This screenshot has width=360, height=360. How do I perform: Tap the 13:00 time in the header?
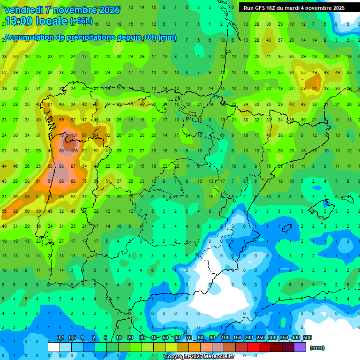click(19, 21)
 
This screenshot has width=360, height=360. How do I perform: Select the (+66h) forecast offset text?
click(81, 21)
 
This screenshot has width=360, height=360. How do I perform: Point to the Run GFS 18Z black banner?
click(294, 7)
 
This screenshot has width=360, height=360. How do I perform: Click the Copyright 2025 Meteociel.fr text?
click(205, 357)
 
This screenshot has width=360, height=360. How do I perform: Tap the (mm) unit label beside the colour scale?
click(317, 348)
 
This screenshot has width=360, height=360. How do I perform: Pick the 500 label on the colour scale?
click(307, 337)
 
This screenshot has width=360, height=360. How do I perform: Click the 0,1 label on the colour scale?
click(60, 337)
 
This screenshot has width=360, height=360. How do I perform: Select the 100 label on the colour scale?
click(225, 337)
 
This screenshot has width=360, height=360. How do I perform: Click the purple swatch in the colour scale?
click(300, 347)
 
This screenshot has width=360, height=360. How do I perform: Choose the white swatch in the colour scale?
click(54, 347)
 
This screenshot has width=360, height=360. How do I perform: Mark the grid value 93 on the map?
click(61, 166)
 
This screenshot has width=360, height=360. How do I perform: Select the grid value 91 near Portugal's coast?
click(50, 181)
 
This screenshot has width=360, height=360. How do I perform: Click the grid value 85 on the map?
click(61, 151)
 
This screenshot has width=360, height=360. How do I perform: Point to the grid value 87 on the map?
click(73, 166)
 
